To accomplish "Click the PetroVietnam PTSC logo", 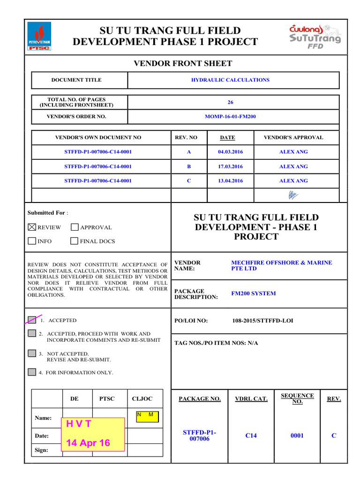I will [x=39, y=37].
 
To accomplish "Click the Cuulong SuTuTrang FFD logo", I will [x=315, y=36].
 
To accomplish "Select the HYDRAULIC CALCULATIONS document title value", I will [x=230, y=80].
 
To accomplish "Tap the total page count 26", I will [x=230, y=102].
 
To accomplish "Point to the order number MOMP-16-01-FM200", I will [x=230, y=117].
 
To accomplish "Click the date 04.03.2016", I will [x=230, y=152].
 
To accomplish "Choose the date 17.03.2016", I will [x=230, y=166].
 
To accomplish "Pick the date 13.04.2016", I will [x=230, y=181].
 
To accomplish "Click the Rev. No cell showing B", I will [x=189, y=166].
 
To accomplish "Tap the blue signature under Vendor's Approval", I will [x=293, y=195].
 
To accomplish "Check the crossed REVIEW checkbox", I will [x=32, y=227].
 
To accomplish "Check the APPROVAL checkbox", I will [x=75, y=227].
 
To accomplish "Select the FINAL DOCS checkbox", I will [x=75, y=241].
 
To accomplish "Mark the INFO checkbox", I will [x=32, y=241].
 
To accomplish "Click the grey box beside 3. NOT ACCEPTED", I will [x=32, y=353].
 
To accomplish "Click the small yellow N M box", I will [x=147, y=417].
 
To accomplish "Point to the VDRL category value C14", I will [x=251, y=435].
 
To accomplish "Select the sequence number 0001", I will [x=297, y=435].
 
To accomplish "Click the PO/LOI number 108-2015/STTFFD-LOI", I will [x=263, y=321].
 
